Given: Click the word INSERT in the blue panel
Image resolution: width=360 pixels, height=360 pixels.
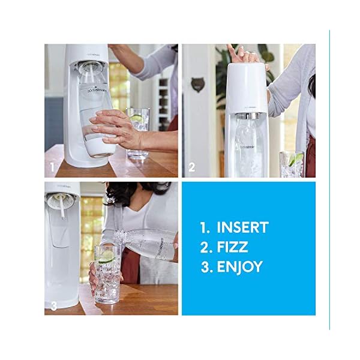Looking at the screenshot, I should (242, 227).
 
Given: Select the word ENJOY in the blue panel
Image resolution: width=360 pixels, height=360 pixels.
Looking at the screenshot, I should (239, 267).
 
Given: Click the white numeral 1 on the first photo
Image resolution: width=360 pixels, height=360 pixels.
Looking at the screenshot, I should (52, 167).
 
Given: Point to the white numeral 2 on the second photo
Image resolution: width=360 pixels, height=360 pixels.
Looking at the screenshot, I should (191, 167).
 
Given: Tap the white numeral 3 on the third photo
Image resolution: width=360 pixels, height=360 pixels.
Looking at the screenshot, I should (53, 306).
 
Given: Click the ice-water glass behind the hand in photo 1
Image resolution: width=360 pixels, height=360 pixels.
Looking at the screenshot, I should (139, 132).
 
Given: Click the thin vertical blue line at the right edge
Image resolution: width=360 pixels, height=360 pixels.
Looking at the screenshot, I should (329, 180).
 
